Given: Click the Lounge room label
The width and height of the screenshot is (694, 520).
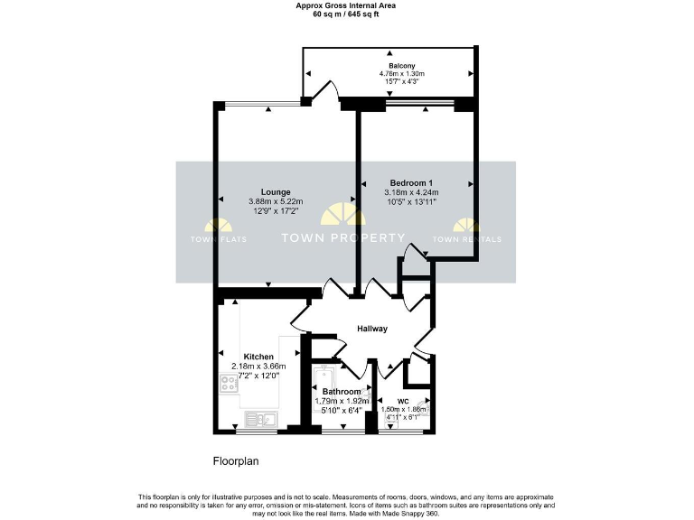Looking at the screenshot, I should [x=276, y=191].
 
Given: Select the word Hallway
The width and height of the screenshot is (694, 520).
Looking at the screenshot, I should [x=371, y=329].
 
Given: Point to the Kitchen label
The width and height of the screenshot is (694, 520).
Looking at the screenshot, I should [x=258, y=357].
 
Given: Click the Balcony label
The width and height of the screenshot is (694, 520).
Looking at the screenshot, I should [x=402, y=66].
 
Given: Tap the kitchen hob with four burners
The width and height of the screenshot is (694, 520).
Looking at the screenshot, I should [x=227, y=385].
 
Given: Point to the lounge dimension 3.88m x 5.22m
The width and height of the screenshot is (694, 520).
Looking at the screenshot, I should [x=276, y=201].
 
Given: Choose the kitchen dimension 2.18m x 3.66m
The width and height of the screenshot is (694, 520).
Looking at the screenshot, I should [x=258, y=366].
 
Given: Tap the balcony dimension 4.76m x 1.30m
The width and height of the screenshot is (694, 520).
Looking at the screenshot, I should [x=402, y=74].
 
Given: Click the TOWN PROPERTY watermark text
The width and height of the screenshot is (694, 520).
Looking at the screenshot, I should [x=344, y=238].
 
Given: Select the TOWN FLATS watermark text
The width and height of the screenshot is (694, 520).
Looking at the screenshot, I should [x=217, y=239].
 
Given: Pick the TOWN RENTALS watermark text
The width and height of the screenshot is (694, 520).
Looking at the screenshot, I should [x=467, y=239].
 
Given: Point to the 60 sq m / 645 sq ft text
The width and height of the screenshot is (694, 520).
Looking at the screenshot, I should [x=346, y=14].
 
